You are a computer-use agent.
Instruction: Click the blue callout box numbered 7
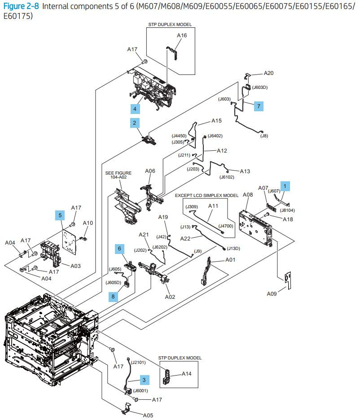tap(259, 106)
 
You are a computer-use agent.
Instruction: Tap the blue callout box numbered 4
tap(134, 108)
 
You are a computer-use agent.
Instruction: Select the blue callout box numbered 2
tap(134, 122)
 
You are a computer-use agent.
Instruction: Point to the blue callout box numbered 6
tap(119, 248)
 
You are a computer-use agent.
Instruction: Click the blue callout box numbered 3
tap(144, 380)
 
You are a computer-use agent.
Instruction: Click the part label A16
tap(182, 35)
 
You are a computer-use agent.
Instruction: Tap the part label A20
tap(268, 73)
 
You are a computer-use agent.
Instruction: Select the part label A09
tap(272, 294)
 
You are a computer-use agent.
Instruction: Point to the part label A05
tap(148, 415)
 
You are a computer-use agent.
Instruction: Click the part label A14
tap(187, 373)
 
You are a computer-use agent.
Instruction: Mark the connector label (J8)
tap(264, 136)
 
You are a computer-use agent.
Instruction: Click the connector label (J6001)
tap(141, 390)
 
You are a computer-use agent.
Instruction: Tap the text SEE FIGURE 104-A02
tap(118, 175)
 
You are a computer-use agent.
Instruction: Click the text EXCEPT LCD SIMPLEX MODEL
tap(206, 196)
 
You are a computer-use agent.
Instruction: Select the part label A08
tap(248, 195)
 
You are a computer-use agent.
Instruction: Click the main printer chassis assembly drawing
tap(49, 334)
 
